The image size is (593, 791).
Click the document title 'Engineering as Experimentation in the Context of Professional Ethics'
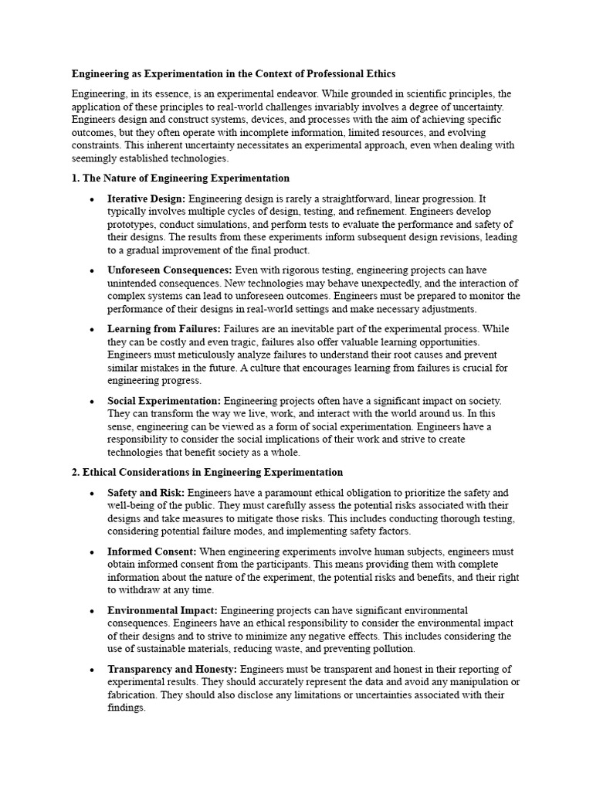pos(233,74)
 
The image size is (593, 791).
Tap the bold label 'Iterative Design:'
pos(147,199)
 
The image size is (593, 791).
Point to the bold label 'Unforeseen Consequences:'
pos(170,270)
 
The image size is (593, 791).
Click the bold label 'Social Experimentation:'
pos(164,401)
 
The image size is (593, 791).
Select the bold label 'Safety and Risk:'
pos(146,493)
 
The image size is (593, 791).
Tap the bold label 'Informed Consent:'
pos(152,552)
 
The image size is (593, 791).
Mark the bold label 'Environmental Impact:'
pos(162,610)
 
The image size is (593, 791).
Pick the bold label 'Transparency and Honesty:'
pos(173,669)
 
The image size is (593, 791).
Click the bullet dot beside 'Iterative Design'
pos(92,199)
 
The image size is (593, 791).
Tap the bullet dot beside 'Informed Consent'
pos(92,552)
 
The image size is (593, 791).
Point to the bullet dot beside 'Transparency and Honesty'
pos(92,670)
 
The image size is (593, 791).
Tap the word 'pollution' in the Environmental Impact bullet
pos(391,649)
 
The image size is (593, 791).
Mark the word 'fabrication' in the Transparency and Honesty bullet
pos(134,695)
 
